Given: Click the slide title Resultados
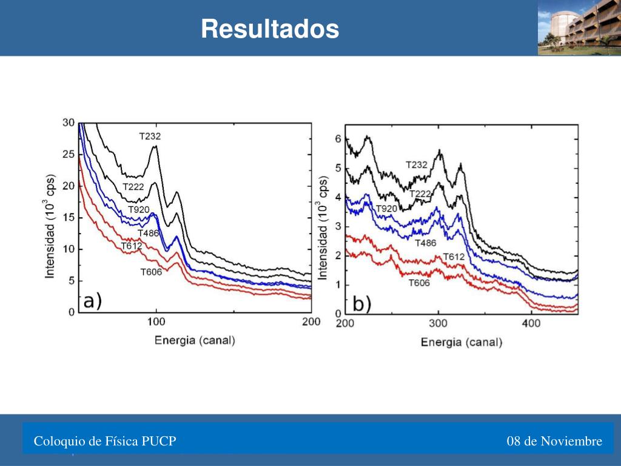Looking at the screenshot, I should pyautogui.click(x=270, y=29).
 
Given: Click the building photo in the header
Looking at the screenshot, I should pyautogui.click(x=579, y=27).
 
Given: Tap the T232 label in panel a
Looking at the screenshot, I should pyautogui.click(x=150, y=137).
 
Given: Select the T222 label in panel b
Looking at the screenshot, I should pyautogui.click(x=420, y=194).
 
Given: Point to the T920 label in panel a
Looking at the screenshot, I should pyautogui.click(x=139, y=210).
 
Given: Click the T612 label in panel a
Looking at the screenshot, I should pyautogui.click(x=132, y=246).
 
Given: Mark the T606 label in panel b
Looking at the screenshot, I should pyautogui.click(x=419, y=283).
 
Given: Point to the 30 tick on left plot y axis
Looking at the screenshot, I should pyautogui.click(x=69, y=123).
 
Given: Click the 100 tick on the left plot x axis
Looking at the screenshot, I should pyautogui.click(x=156, y=322).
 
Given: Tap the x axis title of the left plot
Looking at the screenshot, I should pyautogui.click(x=194, y=340).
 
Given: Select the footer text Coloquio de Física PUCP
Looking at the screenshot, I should pyautogui.click(x=105, y=441).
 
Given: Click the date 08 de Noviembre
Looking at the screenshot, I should pyautogui.click(x=555, y=441).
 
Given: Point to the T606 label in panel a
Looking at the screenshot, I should pyautogui.click(x=151, y=272).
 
